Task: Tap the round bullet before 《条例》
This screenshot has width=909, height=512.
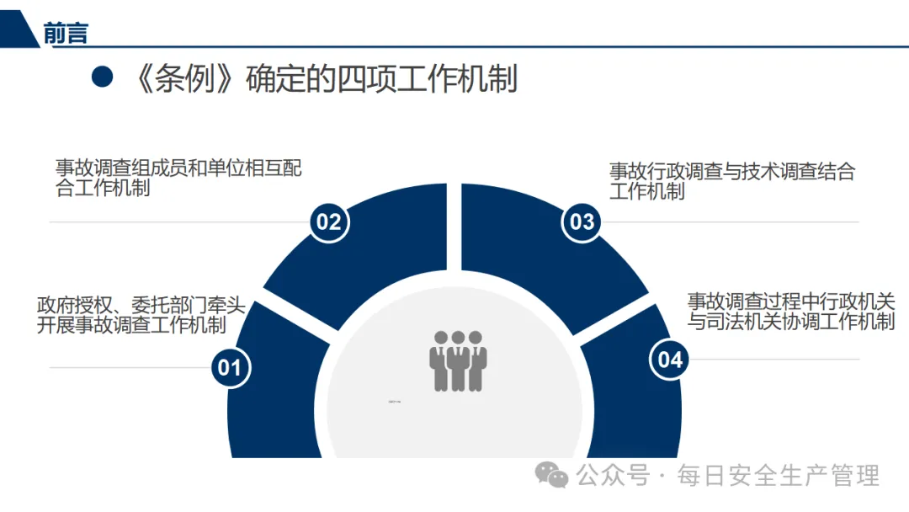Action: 102,77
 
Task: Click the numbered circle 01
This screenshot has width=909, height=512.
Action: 230,367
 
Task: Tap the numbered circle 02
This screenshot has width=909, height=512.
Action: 328,221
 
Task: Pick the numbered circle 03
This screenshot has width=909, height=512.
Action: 582,221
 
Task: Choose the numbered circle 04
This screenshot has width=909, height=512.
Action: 670,360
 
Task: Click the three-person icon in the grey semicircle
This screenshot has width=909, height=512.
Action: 458,360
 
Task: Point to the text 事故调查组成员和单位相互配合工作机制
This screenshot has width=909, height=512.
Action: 178,178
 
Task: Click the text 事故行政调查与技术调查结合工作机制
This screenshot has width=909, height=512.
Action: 731,181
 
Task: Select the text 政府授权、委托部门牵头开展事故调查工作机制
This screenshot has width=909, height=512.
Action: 141,315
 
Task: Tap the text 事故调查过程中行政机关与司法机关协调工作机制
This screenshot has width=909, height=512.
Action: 790,311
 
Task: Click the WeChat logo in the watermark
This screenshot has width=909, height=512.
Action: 553,476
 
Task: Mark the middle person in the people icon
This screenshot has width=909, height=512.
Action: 458,360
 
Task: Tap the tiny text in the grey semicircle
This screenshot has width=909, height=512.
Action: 395,402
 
